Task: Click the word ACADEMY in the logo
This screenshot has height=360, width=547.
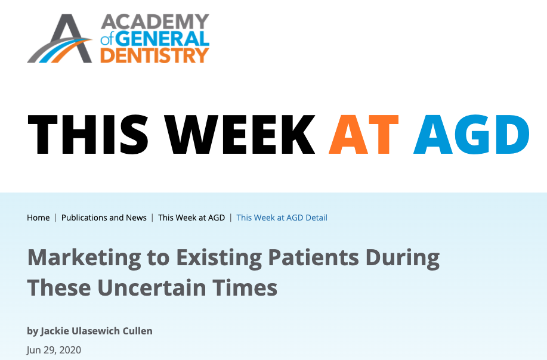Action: point(155,22)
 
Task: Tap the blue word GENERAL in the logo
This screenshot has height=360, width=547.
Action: point(162,38)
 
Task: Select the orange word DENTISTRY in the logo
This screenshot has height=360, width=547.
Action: point(155,55)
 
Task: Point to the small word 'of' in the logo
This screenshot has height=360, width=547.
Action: point(107,40)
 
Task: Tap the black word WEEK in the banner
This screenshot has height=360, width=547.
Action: point(240,134)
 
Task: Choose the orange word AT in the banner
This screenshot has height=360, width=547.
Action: point(363,134)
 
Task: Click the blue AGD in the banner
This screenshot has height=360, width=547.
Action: point(471,134)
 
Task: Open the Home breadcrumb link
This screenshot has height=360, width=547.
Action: point(38,218)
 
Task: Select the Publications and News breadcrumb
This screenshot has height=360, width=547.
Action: point(104,218)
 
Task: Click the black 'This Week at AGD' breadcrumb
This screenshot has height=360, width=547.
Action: point(191,218)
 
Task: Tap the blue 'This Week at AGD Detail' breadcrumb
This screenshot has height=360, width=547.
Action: point(282,218)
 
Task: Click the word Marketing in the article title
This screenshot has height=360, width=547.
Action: point(84,258)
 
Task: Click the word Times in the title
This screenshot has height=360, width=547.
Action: point(245,288)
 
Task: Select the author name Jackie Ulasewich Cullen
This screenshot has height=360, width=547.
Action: point(97,331)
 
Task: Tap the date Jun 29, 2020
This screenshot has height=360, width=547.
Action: point(54,350)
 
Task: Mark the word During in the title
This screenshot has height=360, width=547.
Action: point(403,258)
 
